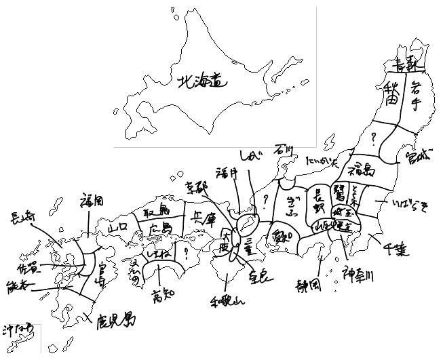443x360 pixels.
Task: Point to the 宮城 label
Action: click(417, 161)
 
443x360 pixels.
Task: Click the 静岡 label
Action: click(307, 283)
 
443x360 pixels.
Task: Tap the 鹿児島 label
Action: click(113, 318)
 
